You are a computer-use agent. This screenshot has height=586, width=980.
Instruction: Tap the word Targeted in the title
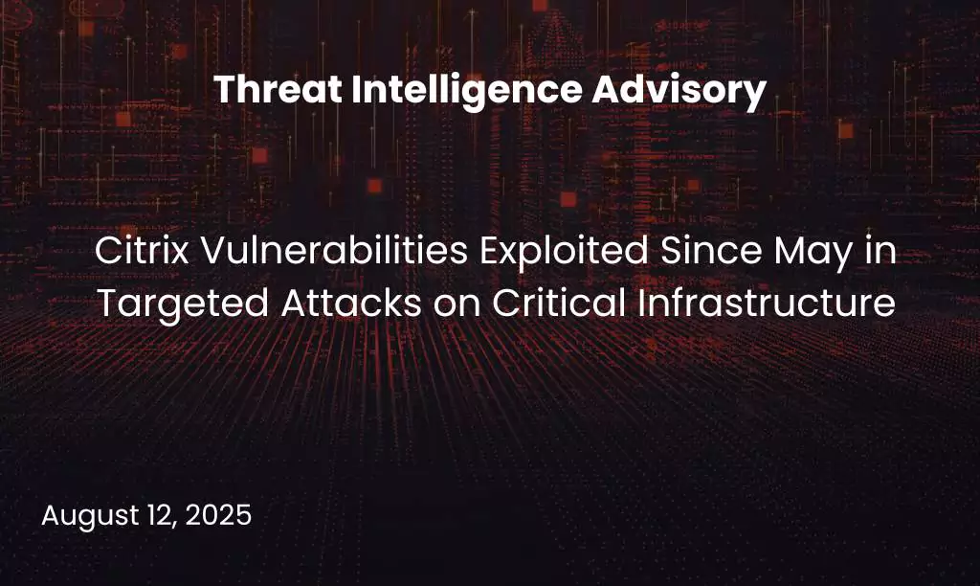coord(159,304)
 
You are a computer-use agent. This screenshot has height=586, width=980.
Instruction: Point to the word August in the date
coord(82,516)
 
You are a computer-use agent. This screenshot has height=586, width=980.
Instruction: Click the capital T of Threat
coord(223,91)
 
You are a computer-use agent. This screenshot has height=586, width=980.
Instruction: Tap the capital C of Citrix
coord(105,255)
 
